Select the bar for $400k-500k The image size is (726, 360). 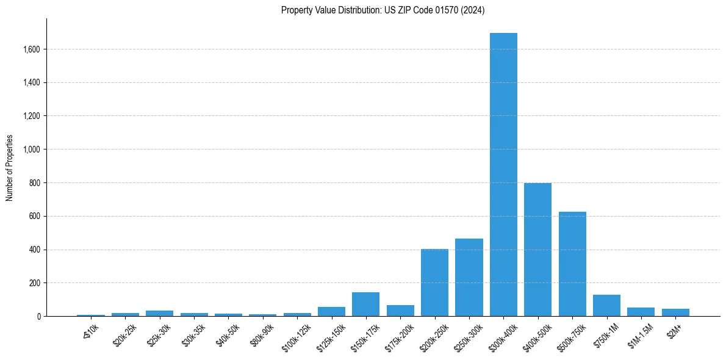537,250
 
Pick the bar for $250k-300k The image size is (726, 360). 469,278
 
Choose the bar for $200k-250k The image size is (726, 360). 434,283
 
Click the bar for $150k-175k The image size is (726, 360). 365,304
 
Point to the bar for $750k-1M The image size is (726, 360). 606,306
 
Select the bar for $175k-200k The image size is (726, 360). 400,311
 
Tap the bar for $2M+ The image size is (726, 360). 675,312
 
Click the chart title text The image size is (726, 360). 383,10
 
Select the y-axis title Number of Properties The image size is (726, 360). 10,167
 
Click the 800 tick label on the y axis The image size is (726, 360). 34,183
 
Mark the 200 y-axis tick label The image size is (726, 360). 34,283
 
